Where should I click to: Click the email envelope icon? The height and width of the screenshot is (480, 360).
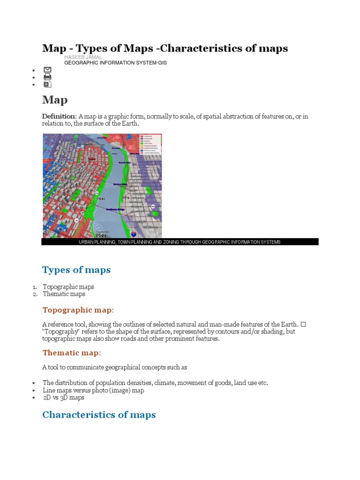click(x=47, y=70)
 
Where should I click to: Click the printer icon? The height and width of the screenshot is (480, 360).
click(x=47, y=77)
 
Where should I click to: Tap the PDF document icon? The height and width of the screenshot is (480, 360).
click(x=47, y=84)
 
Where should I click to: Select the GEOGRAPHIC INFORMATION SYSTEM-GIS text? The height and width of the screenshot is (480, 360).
click(x=115, y=62)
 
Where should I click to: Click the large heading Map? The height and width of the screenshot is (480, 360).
click(x=55, y=100)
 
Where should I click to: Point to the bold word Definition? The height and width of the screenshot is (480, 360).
click(x=59, y=116)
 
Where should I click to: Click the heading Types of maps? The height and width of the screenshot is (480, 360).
click(x=76, y=270)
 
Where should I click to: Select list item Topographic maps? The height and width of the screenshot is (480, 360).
click(x=68, y=286)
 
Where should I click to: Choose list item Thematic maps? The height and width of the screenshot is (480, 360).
click(x=64, y=294)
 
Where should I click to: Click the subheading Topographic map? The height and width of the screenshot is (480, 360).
click(x=78, y=310)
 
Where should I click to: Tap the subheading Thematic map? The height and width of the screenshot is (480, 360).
click(x=72, y=352)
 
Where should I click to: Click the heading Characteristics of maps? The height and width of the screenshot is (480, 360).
click(x=99, y=415)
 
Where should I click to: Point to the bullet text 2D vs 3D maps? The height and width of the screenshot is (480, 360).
click(x=64, y=397)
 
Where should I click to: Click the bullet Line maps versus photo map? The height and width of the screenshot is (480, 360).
click(x=93, y=390)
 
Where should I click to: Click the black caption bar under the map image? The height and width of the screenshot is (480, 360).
click(x=180, y=242)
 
